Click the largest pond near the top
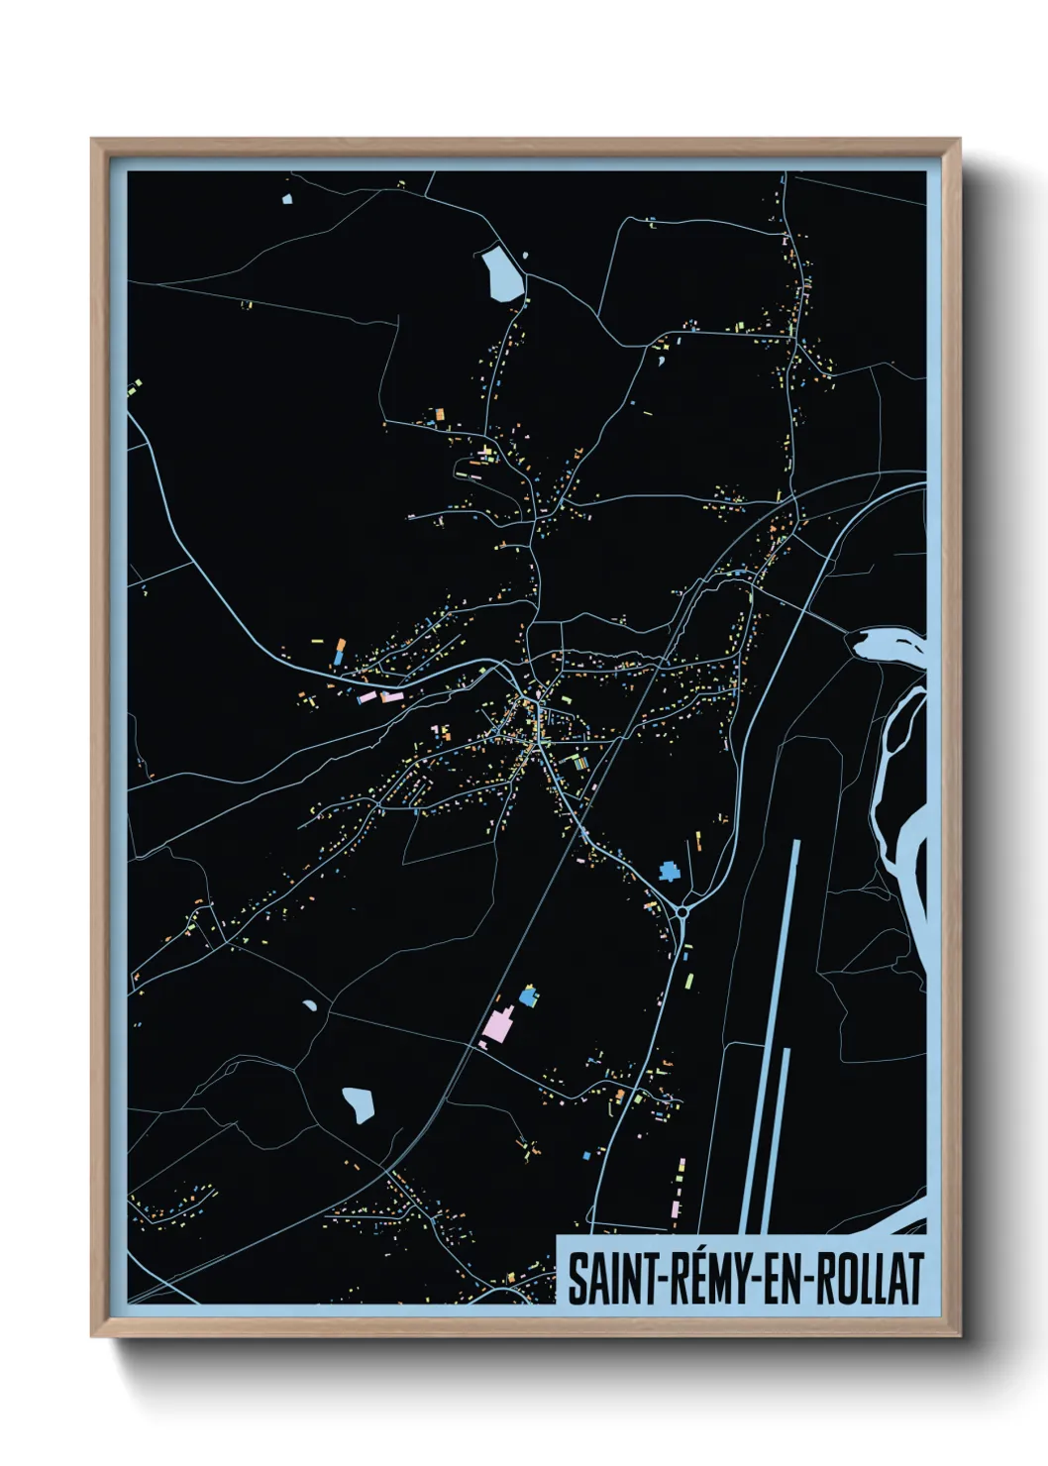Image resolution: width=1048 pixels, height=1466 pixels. point(501,273)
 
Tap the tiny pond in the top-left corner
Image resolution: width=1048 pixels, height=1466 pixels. point(287,199)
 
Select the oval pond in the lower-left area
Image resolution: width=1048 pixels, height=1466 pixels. point(359,1103)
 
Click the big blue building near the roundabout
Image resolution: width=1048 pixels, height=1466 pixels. point(671,872)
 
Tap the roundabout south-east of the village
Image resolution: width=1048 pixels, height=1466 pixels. point(682,909)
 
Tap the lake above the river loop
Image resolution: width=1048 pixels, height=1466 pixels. point(887,645)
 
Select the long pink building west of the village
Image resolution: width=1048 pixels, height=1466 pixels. point(368,697)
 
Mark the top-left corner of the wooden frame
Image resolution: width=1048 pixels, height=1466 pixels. point(91,140)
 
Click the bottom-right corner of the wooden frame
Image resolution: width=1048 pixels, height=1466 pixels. point(960,1336)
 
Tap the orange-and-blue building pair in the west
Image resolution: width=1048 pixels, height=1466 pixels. point(340,652)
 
